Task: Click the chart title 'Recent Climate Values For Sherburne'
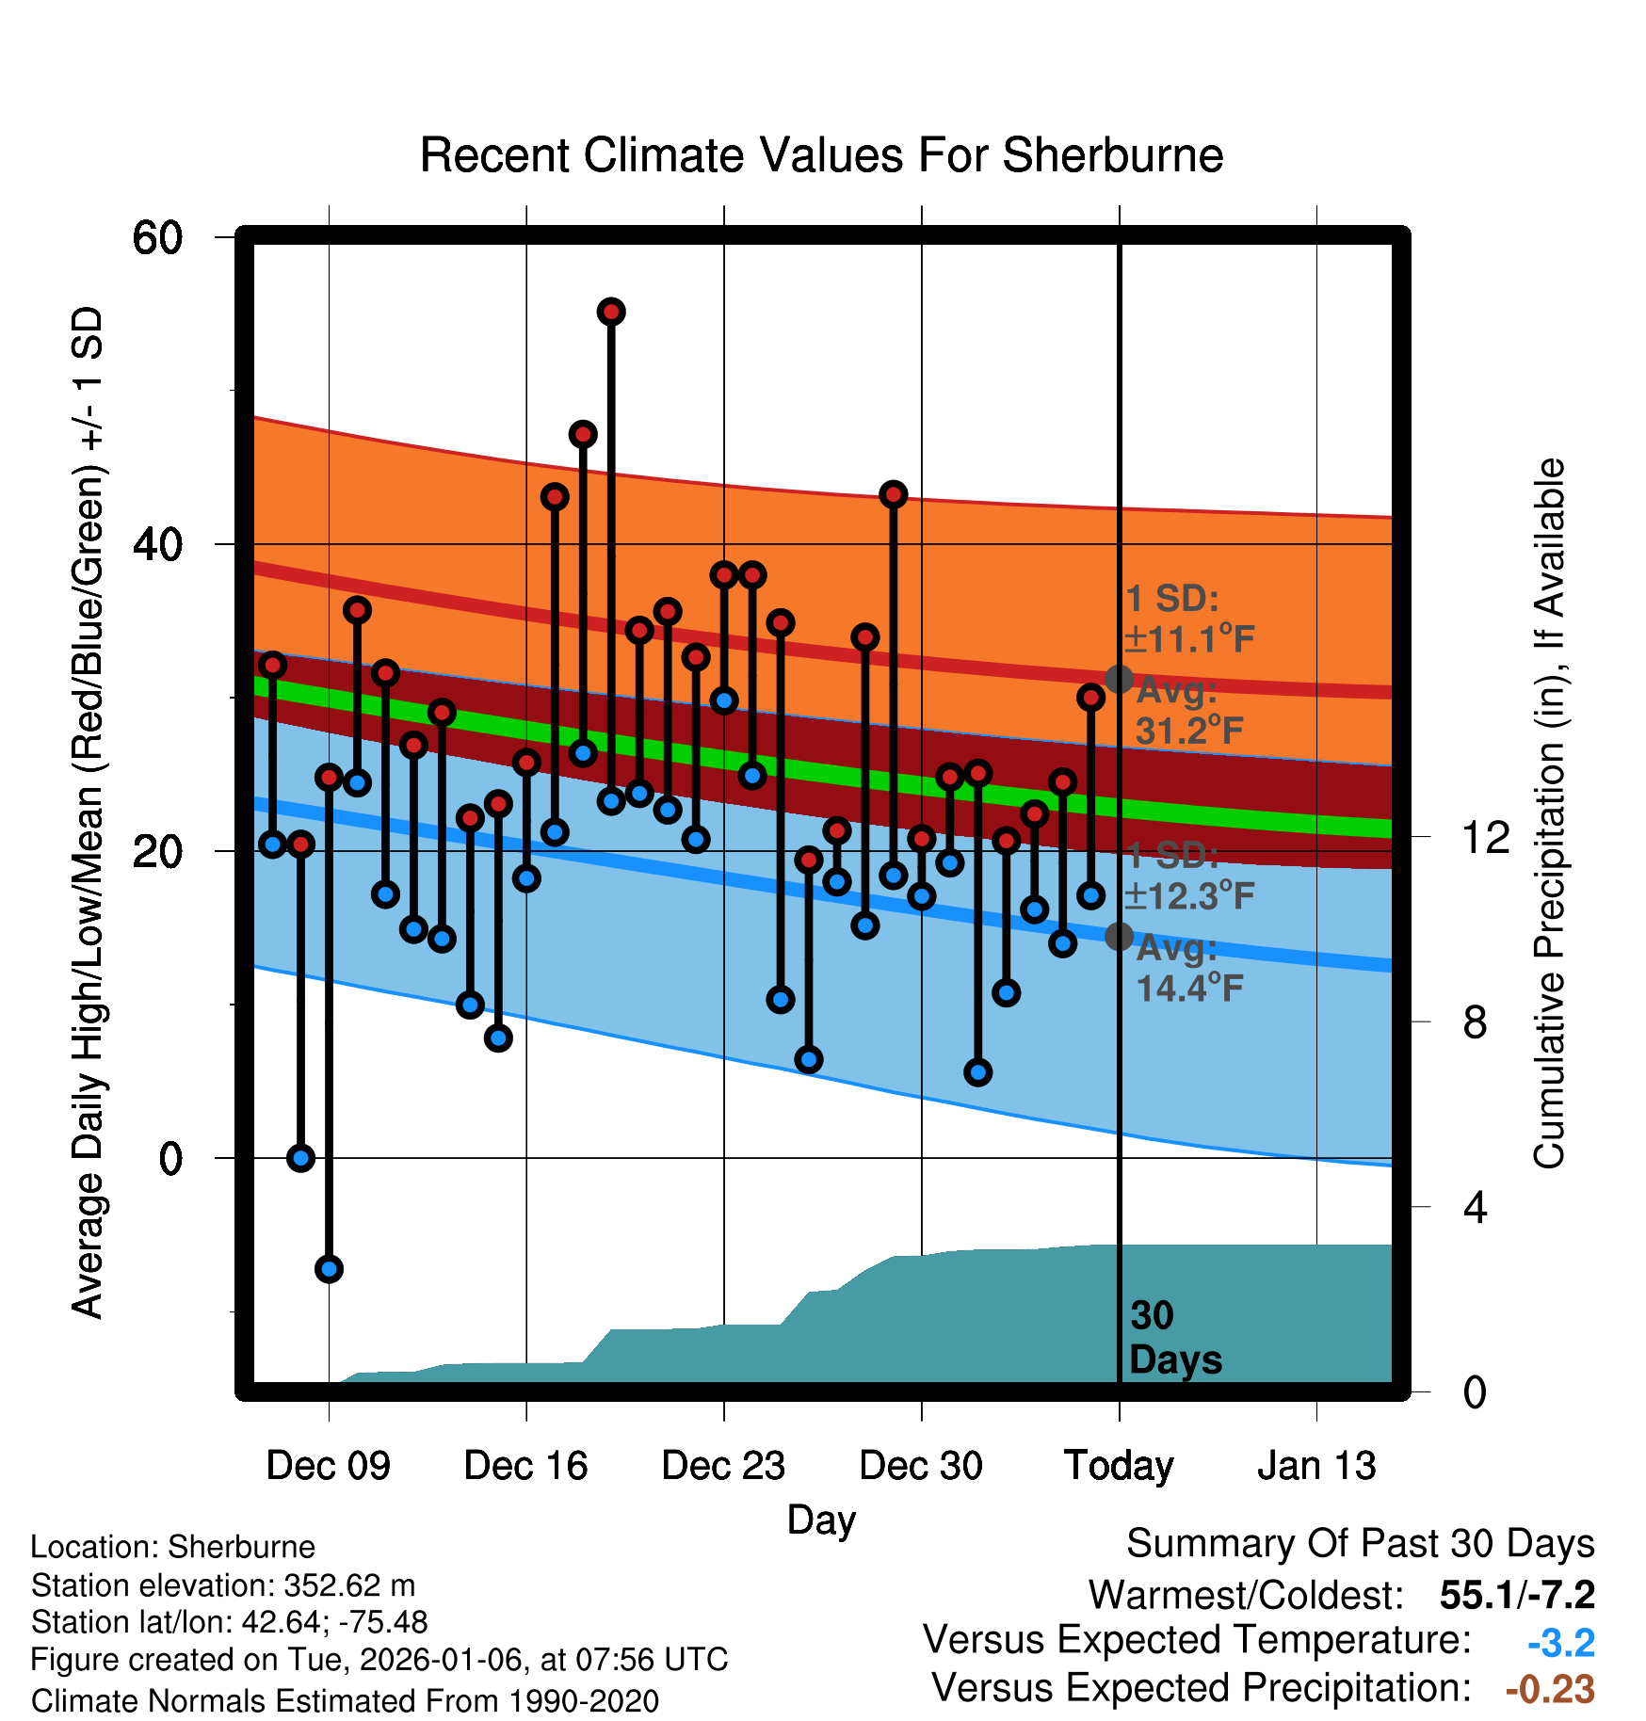click(x=821, y=155)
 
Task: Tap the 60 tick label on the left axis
click(x=158, y=237)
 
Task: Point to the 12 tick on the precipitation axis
click(x=1486, y=837)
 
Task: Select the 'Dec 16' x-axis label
click(x=525, y=1466)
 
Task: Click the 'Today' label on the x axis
click(x=1119, y=1466)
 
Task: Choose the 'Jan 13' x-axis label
click(x=1316, y=1466)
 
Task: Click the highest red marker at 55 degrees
click(x=611, y=312)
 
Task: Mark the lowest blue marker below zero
click(x=329, y=1269)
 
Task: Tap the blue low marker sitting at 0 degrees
click(x=300, y=1158)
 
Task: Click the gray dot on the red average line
click(x=1119, y=679)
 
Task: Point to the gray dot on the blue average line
click(x=1119, y=937)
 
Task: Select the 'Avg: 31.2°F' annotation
click(x=1188, y=711)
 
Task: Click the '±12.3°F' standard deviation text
click(x=1189, y=896)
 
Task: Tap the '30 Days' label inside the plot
click(x=1175, y=1338)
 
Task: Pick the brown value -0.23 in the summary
click(x=1550, y=1689)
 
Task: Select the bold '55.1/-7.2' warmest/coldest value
click(x=1517, y=1595)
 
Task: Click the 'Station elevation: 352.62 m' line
click(x=223, y=1585)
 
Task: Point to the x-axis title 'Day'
click(x=821, y=1520)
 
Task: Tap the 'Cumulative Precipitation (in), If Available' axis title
click(x=1549, y=814)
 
